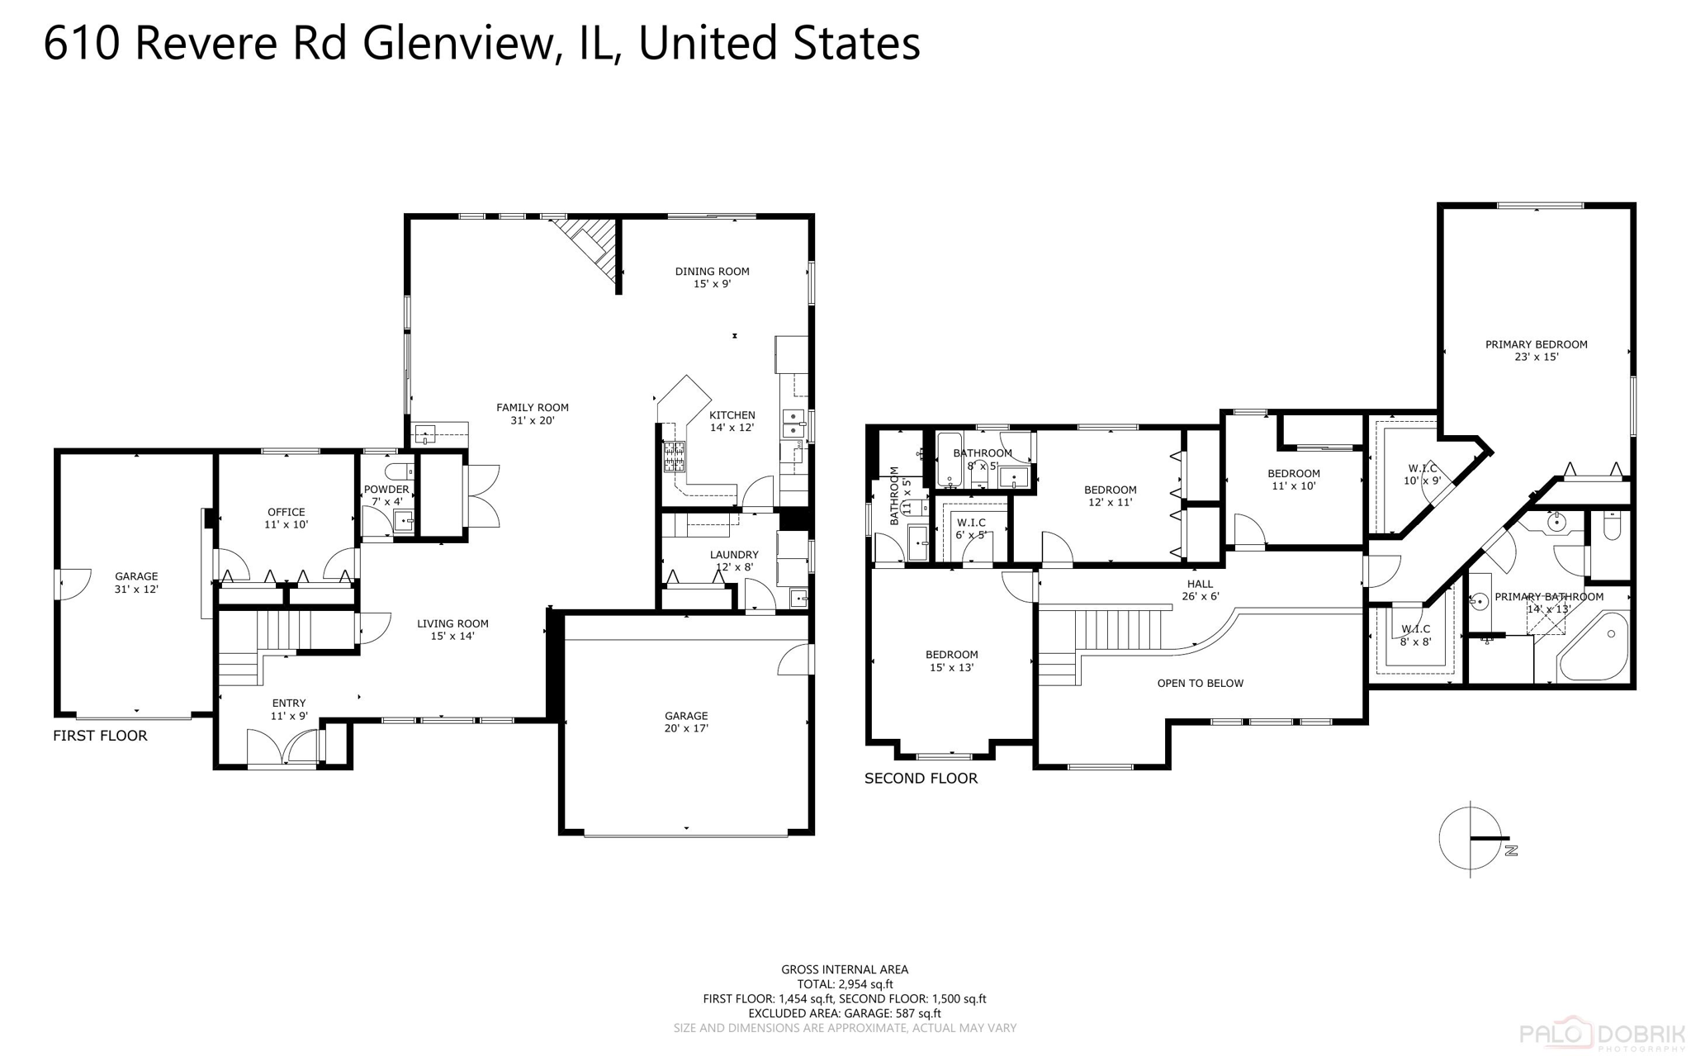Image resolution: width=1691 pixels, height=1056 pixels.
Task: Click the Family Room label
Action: [x=532, y=414]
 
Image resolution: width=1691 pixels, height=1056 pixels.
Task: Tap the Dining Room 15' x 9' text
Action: [x=712, y=277]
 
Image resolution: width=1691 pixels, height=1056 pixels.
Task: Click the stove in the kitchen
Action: [x=675, y=457]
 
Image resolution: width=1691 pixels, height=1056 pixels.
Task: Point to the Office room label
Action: [x=286, y=518]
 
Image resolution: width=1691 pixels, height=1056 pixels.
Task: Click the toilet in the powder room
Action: [x=400, y=471]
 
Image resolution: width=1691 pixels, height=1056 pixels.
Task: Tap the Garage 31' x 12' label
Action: [x=136, y=583]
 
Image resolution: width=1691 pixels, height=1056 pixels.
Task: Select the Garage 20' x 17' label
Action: [x=686, y=722]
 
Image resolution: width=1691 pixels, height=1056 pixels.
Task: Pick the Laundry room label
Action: [x=733, y=561]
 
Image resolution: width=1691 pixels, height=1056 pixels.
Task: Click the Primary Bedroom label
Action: [x=1536, y=350]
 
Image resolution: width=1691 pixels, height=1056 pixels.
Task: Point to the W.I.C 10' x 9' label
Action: [x=1422, y=474]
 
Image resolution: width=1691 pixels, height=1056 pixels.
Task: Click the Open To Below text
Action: [x=1200, y=683]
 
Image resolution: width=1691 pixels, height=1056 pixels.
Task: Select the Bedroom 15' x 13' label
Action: [x=951, y=661]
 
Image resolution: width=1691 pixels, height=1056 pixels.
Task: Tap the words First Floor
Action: [x=100, y=736]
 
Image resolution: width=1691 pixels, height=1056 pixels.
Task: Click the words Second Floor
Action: [x=921, y=778]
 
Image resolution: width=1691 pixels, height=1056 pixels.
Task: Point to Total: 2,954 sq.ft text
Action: [x=845, y=984]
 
